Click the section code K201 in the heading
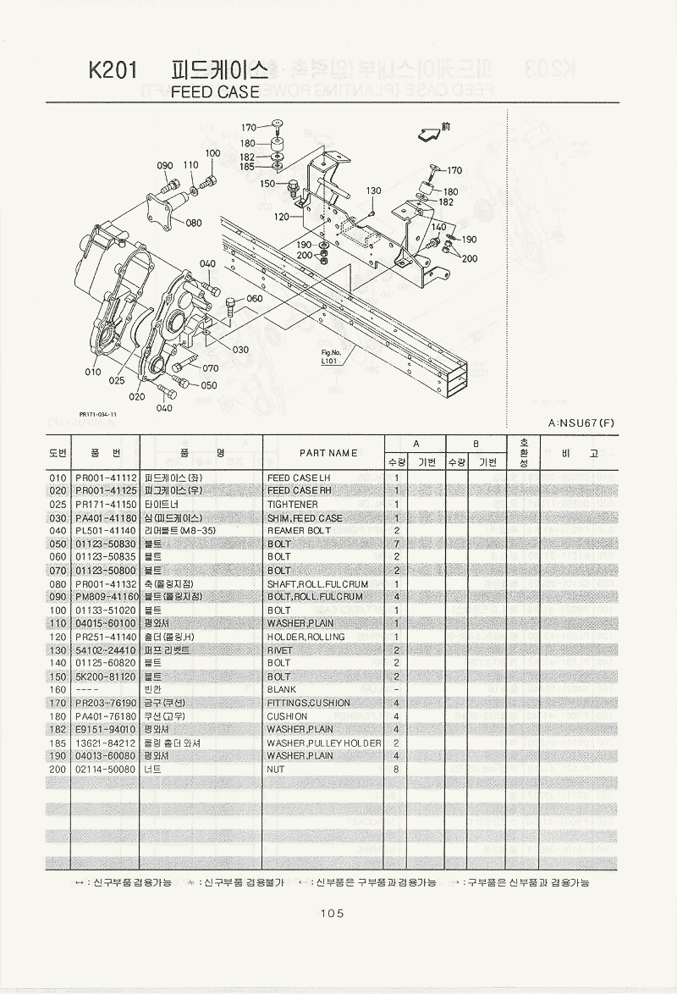(x=112, y=70)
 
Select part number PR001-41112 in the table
(x=106, y=478)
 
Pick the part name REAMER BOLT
(x=299, y=531)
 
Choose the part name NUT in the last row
(x=276, y=770)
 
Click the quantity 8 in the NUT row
(x=396, y=770)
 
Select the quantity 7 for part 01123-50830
(x=396, y=544)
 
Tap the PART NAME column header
(x=327, y=453)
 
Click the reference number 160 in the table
(x=58, y=690)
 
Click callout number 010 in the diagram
(x=93, y=372)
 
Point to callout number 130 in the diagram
(x=373, y=191)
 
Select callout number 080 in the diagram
(x=194, y=223)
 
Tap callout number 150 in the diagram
(x=267, y=184)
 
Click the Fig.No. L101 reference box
(x=331, y=356)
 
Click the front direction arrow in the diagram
(x=431, y=131)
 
